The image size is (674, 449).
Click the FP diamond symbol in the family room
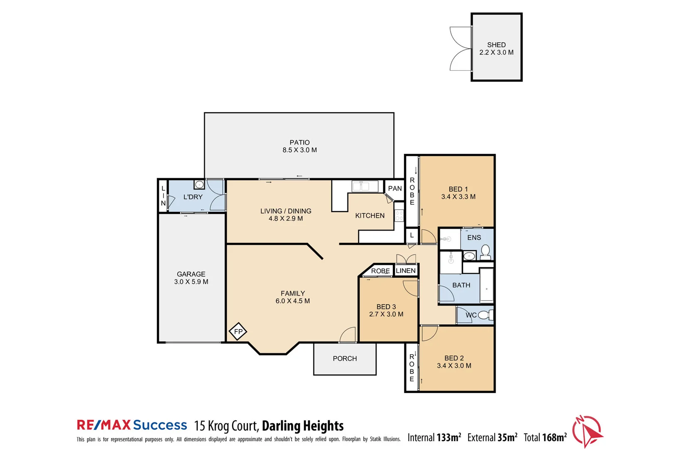click(x=238, y=331)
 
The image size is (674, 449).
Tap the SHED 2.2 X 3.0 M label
click(x=496, y=49)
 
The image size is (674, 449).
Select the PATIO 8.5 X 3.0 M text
click(x=300, y=146)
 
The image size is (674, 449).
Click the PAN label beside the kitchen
click(x=395, y=189)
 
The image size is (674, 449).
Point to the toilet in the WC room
click(x=485, y=315)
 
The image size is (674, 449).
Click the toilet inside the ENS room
click(x=485, y=251)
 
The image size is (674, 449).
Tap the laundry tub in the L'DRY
click(x=199, y=184)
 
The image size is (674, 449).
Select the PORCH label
click(x=344, y=358)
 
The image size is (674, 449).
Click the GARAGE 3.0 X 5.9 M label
click(x=191, y=278)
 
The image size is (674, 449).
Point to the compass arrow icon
click(x=588, y=431)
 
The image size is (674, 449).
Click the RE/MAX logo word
click(x=104, y=425)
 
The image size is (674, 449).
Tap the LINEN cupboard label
click(x=406, y=271)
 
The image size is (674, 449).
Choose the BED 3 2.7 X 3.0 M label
click(x=386, y=311)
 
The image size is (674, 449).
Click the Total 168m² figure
click(x=545, y=437)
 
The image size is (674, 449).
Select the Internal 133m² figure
click(x=434, y=437)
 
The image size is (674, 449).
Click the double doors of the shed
click(x=461, y=49)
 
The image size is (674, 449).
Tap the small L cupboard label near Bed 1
click(x=412, y=235)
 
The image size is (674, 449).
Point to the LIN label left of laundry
click(x=163, y=196)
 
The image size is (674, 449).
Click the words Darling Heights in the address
click(x=302, y=426)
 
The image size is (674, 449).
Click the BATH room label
click(x=461, y=285)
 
